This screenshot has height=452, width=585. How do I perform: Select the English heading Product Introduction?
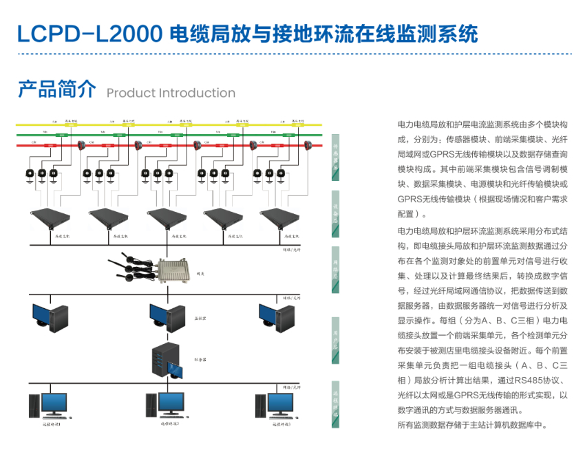pyautogui.click(x=171, y=93)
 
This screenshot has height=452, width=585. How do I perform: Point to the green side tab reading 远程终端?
pyautogui.click(x=336, y=400)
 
